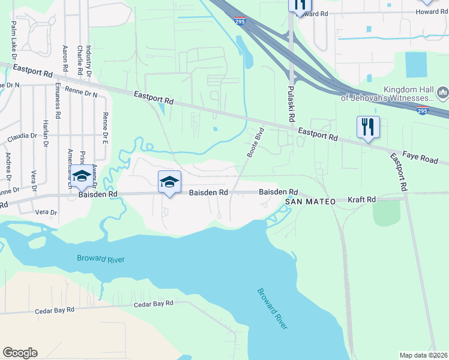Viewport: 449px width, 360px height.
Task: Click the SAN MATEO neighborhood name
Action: point(310,202)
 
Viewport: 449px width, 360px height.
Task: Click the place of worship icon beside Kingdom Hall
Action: point(443,92)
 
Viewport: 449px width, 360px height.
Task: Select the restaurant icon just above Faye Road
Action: point(367,127)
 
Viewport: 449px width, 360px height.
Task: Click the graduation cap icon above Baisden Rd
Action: point(169,182)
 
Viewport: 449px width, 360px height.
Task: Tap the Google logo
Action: point(20,353)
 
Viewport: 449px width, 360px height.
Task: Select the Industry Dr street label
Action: point(88,59)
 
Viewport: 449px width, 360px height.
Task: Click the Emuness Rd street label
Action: point(58,100)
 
